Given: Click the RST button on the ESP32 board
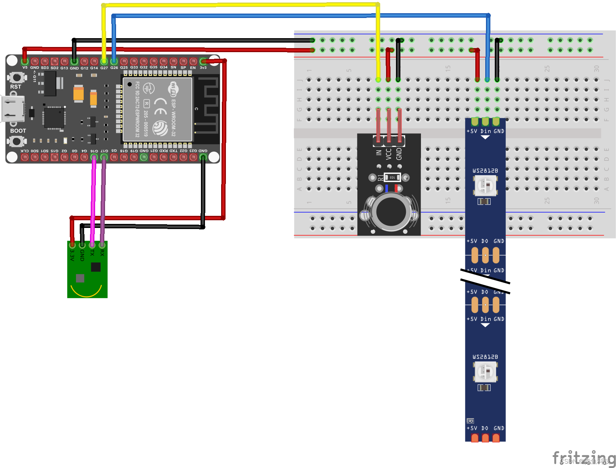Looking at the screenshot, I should tap(17, 77).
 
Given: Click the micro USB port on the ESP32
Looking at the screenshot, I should tap(13, 109).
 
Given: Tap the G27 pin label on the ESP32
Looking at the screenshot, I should tap(104, 68).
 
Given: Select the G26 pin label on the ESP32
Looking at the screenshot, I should tap(114, 68).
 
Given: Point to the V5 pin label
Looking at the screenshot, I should tap(25, 68).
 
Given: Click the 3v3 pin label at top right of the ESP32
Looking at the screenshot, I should tap(203, 68).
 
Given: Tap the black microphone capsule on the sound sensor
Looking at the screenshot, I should tap(391, 212).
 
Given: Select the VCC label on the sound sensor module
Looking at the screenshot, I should tap(389, 154).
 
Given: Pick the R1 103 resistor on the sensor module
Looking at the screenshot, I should tap(392, 177).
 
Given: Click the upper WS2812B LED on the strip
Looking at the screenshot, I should tap(485, 185).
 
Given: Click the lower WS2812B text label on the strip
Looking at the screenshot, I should tap(485, 357).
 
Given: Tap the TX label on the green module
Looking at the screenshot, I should tap(92, 253).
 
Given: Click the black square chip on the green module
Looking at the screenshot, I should tap(96, 267).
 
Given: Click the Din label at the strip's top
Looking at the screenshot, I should tap(486, 131).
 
